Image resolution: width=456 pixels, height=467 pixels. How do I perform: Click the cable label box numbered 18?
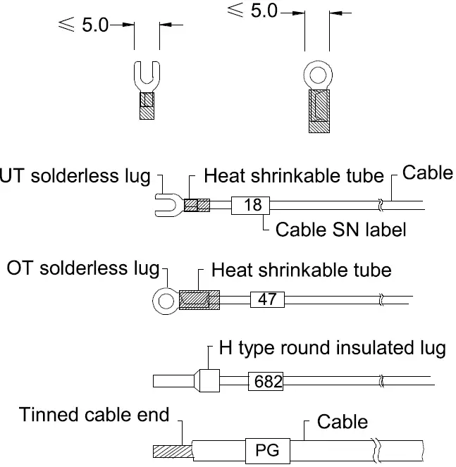[252, 205]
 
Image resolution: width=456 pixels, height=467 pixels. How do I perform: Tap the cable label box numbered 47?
[267, 299]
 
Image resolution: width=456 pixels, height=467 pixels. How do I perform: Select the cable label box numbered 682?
[266, 382]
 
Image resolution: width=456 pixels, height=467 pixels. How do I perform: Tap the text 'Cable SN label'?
[340, 229]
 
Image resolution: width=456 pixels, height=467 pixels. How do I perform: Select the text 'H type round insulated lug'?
[332, 349]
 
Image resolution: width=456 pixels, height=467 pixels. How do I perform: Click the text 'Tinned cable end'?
[94, 414]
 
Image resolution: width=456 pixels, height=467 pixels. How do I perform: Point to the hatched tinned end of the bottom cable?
[169, 450]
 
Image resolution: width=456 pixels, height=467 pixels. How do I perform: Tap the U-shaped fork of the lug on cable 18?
[165, 205]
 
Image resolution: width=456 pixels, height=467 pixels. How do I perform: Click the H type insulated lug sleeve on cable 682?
[208, 382]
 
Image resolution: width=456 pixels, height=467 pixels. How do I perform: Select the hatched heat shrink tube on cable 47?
[199, 300]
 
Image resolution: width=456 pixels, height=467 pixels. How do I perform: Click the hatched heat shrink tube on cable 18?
[197, 205]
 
